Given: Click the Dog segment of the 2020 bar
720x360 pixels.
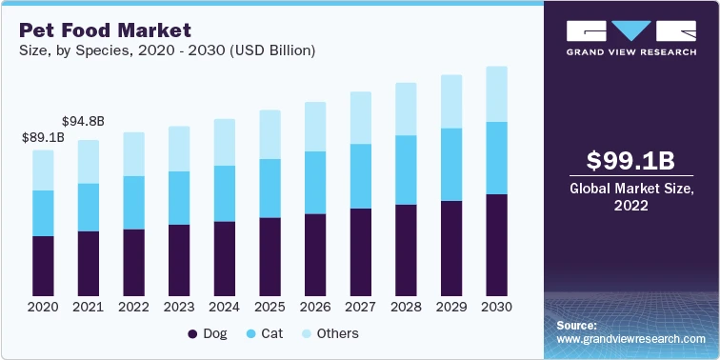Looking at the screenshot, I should (x=43, y=266).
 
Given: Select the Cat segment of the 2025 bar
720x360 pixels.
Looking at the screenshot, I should (x=270, y=188).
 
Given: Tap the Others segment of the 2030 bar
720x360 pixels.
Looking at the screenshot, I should (x=497, y=93).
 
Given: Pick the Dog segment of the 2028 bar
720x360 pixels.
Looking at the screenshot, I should (x=407, y=250).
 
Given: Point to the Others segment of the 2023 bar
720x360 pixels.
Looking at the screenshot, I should (x=179, y=149).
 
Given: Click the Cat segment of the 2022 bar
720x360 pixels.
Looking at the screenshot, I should (x=134, y=202).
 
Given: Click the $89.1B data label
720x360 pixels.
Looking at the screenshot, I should (x=43, y=138).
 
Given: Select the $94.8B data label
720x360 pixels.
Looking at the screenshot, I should (x=83, y=122).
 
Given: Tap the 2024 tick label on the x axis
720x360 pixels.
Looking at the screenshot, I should (x=225, y=308).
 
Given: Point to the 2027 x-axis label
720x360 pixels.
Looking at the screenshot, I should (x=361, y=308).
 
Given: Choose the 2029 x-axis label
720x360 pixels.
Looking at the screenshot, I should (x=451, y=308).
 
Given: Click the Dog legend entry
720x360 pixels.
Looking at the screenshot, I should (x=207, y=334).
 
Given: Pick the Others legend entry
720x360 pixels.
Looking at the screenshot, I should (x=330, y=334).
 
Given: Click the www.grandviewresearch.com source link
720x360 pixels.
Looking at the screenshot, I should (x=630, y=339).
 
